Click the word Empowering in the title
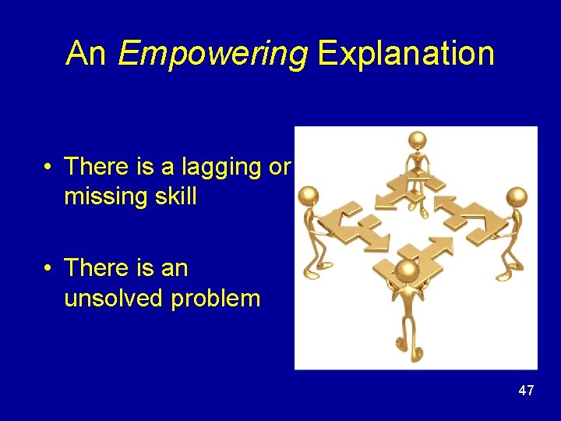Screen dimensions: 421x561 click(212, 55)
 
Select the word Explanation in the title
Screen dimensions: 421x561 click(406, 53)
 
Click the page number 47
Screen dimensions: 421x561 click(526, 391)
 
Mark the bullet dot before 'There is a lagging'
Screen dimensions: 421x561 click(48, 167)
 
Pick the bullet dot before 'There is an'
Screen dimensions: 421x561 click(48, 268)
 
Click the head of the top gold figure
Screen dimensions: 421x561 click(418, 141)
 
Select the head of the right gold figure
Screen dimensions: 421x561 click(517, 196)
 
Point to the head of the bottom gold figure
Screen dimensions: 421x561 click(405, 271)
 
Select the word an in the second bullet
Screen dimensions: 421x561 click(171, 268)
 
